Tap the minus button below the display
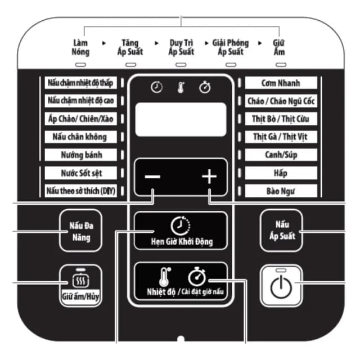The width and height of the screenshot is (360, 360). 152,177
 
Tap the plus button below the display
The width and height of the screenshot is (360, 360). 209,177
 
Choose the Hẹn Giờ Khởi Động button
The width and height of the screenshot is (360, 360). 181,232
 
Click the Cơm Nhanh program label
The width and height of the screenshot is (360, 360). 281,83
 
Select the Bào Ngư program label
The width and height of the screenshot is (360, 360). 281,191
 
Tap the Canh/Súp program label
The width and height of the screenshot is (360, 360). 281,155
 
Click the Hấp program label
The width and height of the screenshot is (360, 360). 281,173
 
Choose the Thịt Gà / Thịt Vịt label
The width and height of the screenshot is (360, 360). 281,137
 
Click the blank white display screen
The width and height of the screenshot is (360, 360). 181,119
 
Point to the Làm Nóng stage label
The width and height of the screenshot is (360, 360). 80,47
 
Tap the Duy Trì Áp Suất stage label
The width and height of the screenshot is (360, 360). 181,47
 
